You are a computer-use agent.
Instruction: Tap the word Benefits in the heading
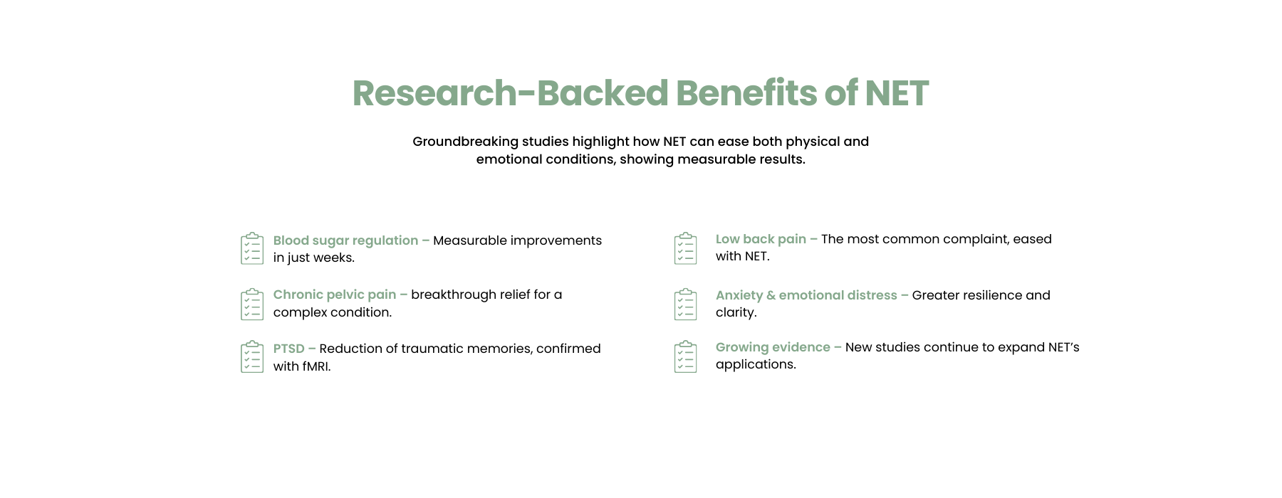[x=746, y=93]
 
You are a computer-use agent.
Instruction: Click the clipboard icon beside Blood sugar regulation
[x=252, y=248]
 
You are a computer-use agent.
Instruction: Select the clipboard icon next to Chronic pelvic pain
[x=252, y=304]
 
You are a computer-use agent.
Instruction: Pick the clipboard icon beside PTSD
[x=252, y=356]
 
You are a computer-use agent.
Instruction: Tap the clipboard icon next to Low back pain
[x=686, y=248]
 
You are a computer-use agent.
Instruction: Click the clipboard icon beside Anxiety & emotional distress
[x=686, y=304]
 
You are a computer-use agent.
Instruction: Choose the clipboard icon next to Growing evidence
[x=686, y=356]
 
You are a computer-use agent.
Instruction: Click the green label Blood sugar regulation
[x=345, y=241]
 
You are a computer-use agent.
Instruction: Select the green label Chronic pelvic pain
[x=335, y=295]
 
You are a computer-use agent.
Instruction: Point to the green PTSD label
[x=288, y=349]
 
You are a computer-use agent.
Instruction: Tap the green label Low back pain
[x=761, y=240]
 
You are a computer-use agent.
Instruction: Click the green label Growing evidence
[x=773, y=348]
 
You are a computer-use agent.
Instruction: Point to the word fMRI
[x=316, y=366]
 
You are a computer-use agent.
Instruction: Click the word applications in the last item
[x=756, y=365]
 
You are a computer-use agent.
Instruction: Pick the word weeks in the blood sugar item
[x=335, y=258]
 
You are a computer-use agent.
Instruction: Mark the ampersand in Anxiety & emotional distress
[x=771, y=295]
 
